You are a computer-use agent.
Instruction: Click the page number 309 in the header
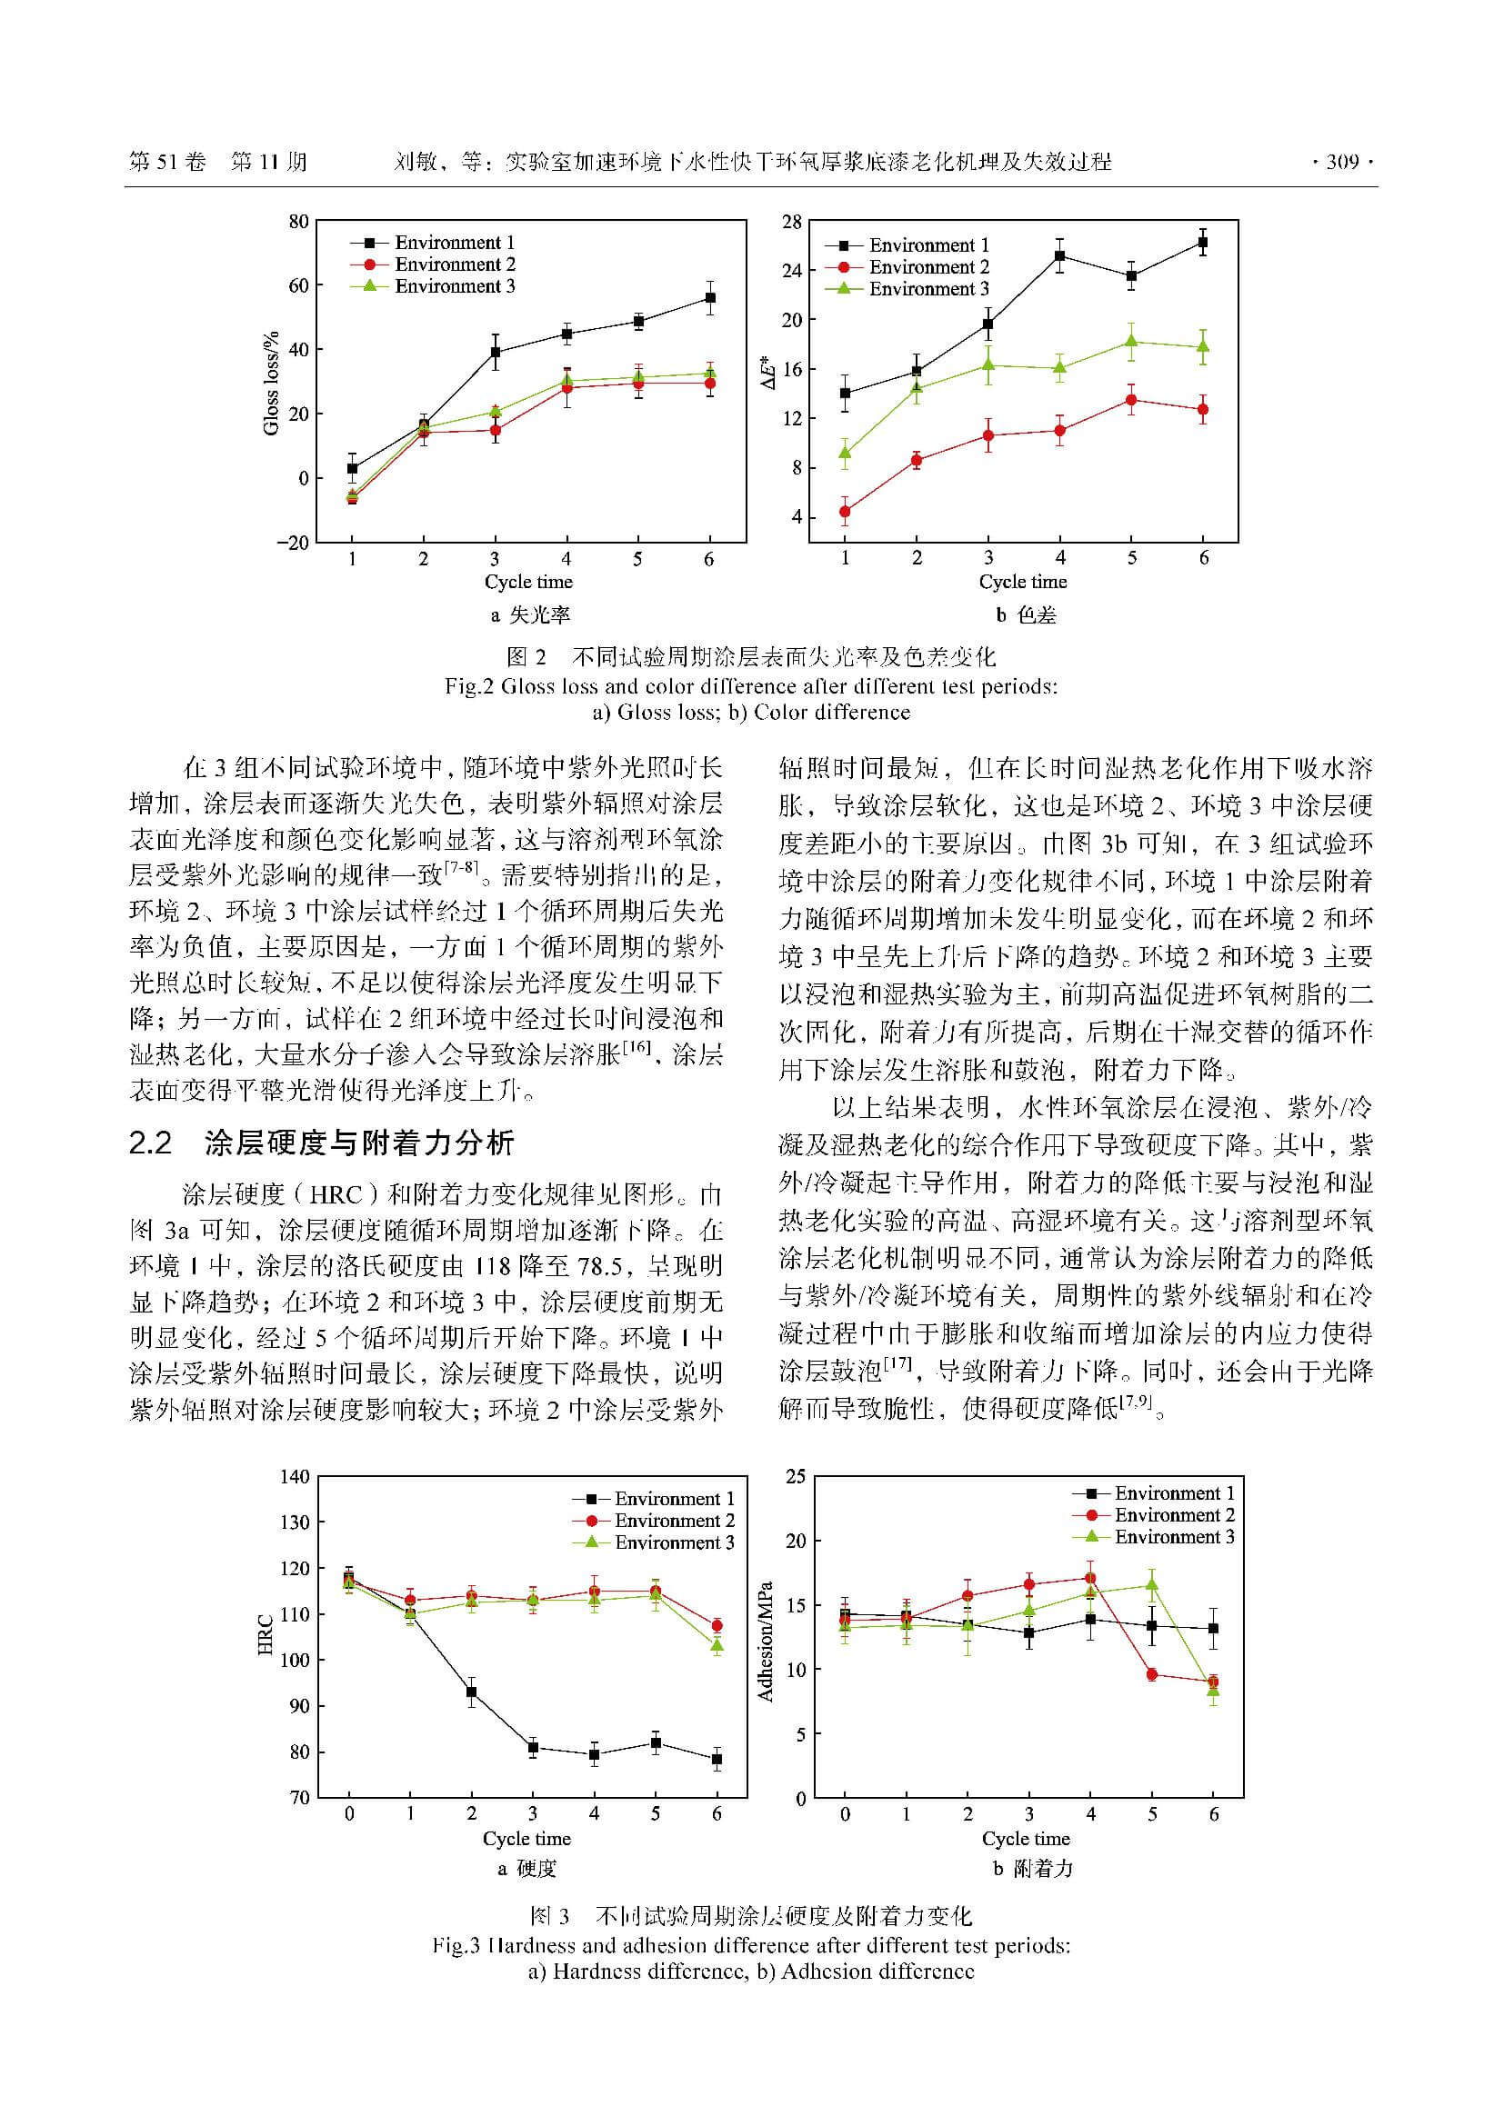pyautogui.click(x=1341, y=162)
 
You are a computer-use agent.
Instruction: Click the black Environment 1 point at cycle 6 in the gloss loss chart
pyautogui.click(x=710, y=298)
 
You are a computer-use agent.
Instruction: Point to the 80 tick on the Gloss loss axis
pyautogui.click(x=297, y=221)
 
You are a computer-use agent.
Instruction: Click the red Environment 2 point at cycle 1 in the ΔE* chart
pyautogui.click(x=845, y=511)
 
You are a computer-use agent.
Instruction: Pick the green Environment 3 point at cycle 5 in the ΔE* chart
pyautogui.click(x=1132, y=342)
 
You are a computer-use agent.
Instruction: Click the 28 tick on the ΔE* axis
pyautogui.click(x=791, y=221)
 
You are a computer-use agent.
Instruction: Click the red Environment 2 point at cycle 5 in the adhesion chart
pyautogui.click(x=1152, y=1674)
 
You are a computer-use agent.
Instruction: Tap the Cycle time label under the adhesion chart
pyautogui.click(x=1025, y=1839)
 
